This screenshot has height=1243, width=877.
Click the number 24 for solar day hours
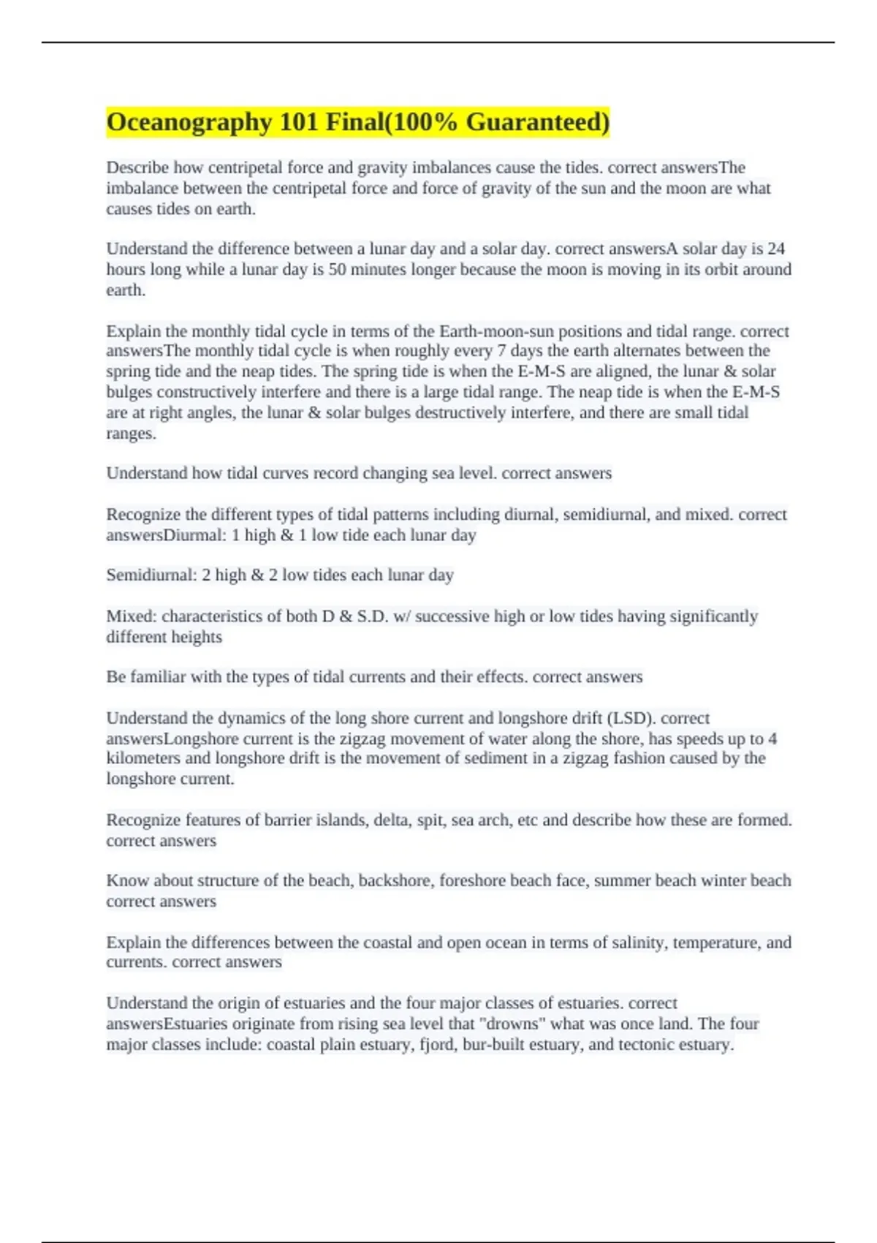(776, 249)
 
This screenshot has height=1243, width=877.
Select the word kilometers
(147, 758)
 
